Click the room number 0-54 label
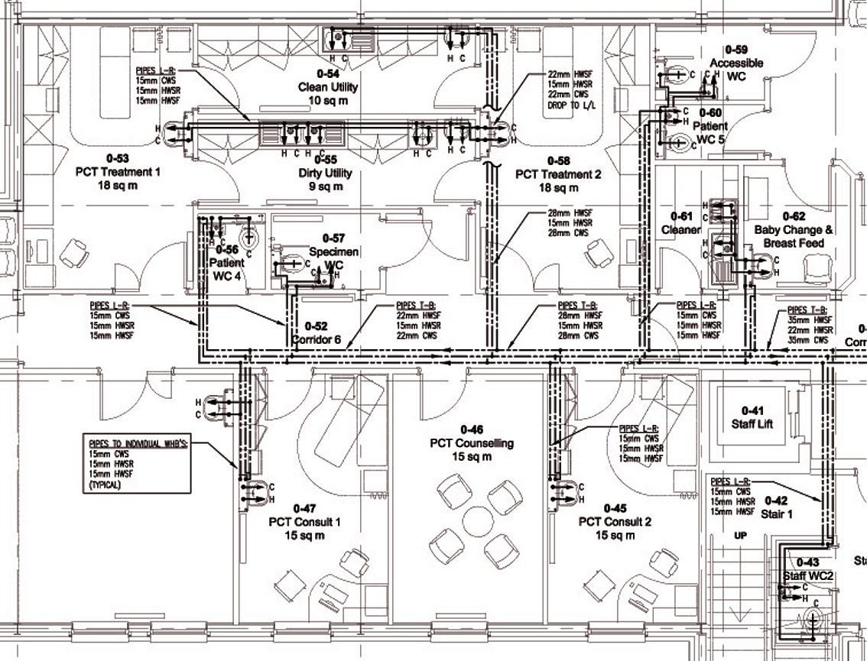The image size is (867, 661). (328, 73)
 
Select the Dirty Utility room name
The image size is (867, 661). (326, 173)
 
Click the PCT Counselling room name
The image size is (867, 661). (471, 443)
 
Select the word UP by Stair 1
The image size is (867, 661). (740, 536)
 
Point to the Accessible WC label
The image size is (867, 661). (737, 69)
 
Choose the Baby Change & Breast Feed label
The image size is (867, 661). (793, 236)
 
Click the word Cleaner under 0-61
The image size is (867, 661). (680, 230)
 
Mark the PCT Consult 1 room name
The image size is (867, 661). (304, 522)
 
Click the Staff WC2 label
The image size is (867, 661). (800, 575)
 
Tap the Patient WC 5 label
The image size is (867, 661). (712, 133)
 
